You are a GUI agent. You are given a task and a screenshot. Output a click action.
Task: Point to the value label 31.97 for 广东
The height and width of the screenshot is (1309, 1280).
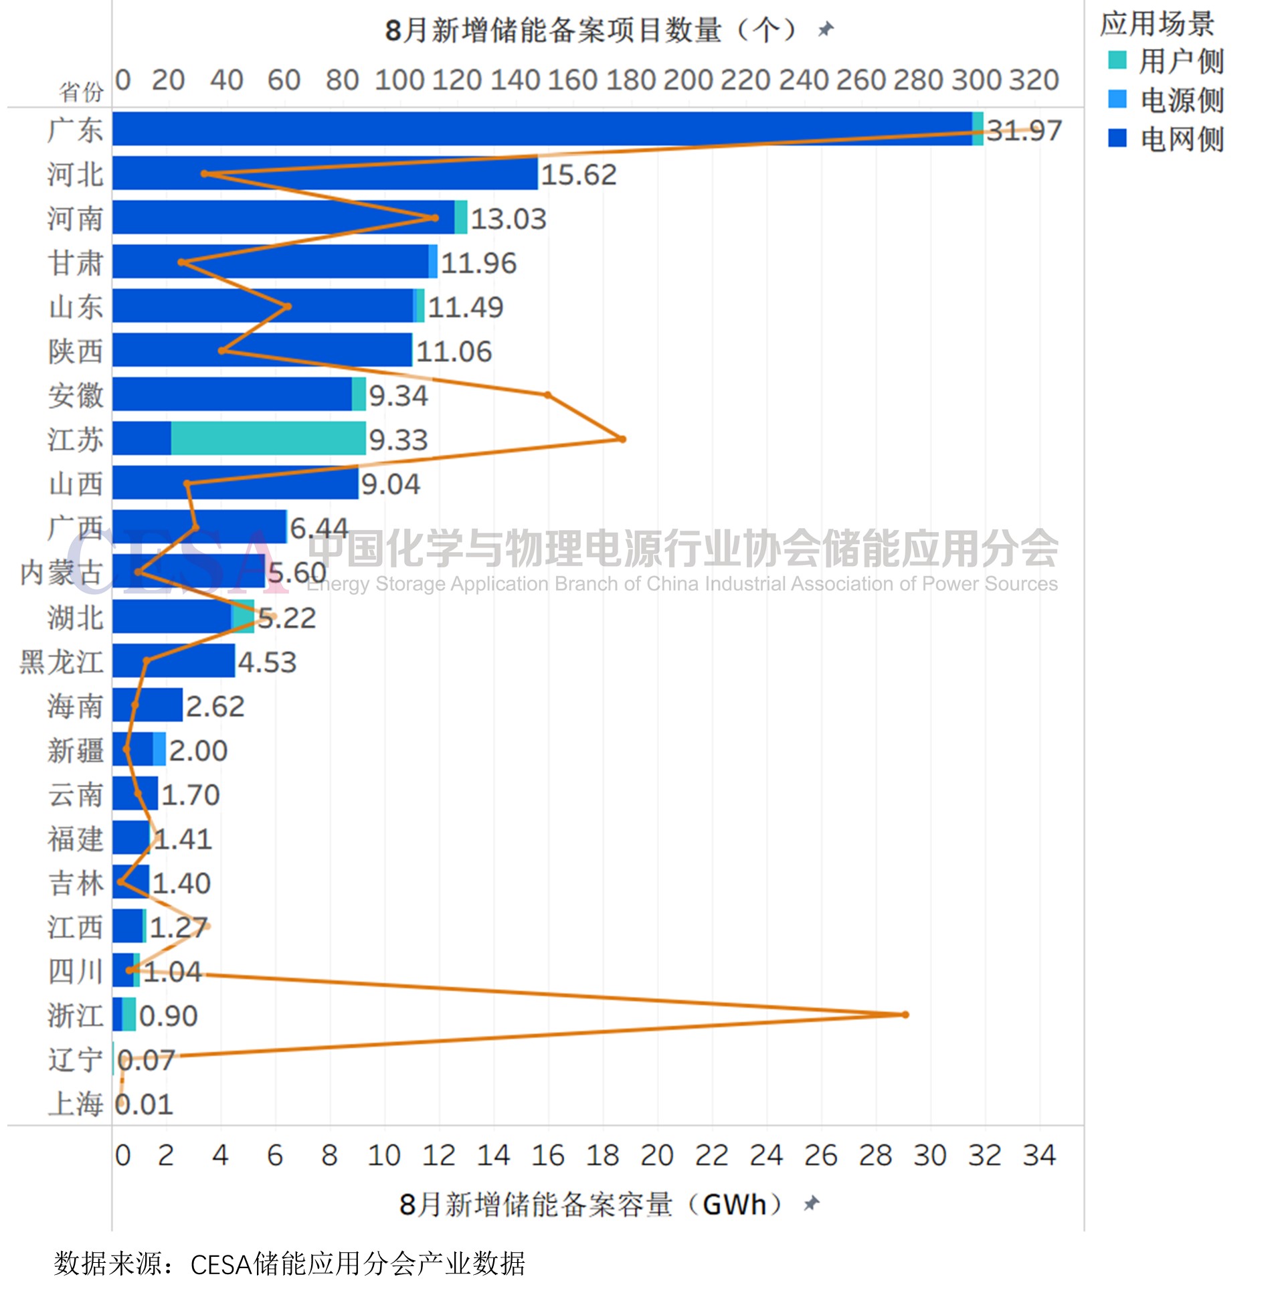[1023, 130]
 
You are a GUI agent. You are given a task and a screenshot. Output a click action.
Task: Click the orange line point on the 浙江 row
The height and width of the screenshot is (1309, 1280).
[905, 1015]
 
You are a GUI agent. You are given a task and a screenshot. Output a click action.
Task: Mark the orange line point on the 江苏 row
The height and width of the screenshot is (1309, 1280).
[622, 439]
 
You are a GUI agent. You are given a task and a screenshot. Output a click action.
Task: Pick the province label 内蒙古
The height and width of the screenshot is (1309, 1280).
[61, 572]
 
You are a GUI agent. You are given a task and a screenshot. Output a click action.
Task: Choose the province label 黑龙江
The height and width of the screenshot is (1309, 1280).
[61, 662]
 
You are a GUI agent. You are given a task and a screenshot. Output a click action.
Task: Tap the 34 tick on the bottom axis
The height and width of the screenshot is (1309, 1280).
[1039, 1155]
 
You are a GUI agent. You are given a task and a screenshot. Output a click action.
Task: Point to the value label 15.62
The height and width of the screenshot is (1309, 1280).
[578, 175]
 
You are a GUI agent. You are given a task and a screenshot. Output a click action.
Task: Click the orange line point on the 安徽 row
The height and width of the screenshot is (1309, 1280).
[548, 396]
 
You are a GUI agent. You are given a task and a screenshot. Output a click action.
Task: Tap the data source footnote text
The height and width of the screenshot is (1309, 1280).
[289, 1264]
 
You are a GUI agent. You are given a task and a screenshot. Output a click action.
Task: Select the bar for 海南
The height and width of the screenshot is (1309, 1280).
[147, 705]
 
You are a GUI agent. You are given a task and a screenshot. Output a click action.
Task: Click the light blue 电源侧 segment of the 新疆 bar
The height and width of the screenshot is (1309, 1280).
[159, 749]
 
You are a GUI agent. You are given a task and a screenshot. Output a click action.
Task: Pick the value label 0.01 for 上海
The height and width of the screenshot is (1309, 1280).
[144, 1105]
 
